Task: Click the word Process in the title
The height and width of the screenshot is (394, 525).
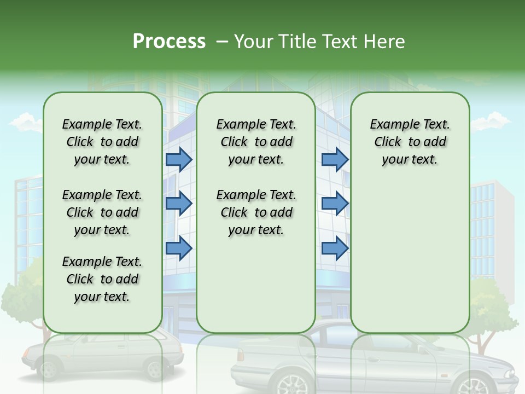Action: pyautogui.click(x=169, y=42)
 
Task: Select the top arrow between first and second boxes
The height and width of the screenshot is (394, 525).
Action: pyautogui.click(x=179, y=159)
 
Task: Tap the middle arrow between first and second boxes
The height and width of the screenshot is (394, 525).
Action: pyautogui.click(x=179, y=204)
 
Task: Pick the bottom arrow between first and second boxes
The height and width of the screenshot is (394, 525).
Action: pyautogui.click(x=179, y=248)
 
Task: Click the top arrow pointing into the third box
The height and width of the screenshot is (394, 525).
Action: pyautogui.click(x=335, y=159)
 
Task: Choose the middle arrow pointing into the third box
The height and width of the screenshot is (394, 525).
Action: pyautogui.click(x=335, y=204)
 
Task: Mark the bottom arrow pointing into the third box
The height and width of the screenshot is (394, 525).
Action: pyautogui.click(x=335, y=248)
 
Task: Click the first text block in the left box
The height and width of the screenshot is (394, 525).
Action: pyautogui.click(x=102, y=142)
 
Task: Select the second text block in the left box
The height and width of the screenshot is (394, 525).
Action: pyautogui.click(x=102, y=212)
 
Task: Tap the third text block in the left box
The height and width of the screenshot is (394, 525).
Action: pyautogui.click(x=102, y=279)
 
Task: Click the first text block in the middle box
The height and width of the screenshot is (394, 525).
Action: pyautogui.click(x=256, y=142)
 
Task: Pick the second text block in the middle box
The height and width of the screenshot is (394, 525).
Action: pyautogui.click(x=256, y=212)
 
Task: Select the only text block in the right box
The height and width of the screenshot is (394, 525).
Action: pyautogui.click(x=410, y=142)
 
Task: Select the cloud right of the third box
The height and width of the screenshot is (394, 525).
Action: pyautogui.click(x=490, y=121)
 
